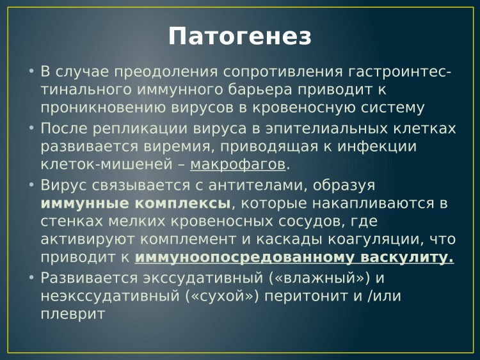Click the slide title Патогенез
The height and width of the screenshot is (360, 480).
click(x=240, y=36)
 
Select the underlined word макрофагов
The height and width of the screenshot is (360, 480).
click(x=237, y=165)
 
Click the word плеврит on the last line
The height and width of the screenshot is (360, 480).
click(x=72, y=315)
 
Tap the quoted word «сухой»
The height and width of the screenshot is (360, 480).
click(x=216, y=297)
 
